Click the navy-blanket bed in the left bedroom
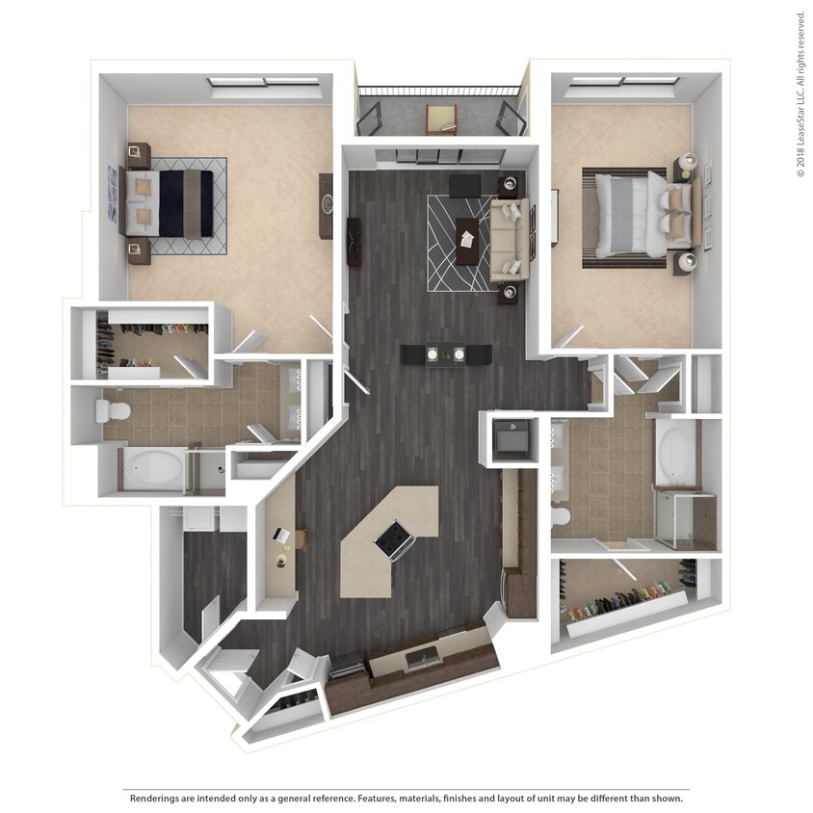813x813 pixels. click(172, 202)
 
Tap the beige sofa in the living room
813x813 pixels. click(508, 239)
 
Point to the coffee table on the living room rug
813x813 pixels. click(468, 239)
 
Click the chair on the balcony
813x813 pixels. click(441, 118)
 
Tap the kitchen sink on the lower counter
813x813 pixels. click(421, 658)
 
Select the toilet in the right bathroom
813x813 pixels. click(561, 517)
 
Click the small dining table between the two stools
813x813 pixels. click(446, 354)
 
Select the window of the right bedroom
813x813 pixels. click(622, 83)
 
